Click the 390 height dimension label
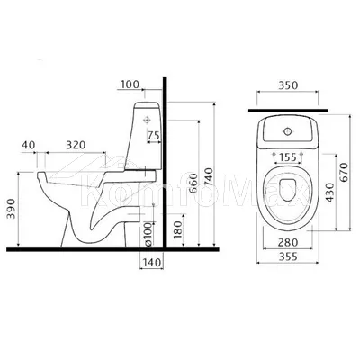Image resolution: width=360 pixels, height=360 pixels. (x=12, y=209)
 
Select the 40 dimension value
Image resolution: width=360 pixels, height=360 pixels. (x=28, y=145)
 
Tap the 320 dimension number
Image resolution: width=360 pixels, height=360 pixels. (x=76, y=145)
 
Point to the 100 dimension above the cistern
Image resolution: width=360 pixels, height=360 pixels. (x=130, y=85)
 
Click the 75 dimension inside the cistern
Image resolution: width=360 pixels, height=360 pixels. (x=154, y=136)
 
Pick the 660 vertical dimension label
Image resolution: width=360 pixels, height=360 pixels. (x=193, y=184)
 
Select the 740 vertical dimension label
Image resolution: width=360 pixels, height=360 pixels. (x=208, y=178)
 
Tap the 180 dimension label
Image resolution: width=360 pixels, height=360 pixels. (x=177, y=229)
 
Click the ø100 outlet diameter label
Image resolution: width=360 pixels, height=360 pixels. (x=148, y=234)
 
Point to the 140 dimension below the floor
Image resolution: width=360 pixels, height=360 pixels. (x=152, y=263)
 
